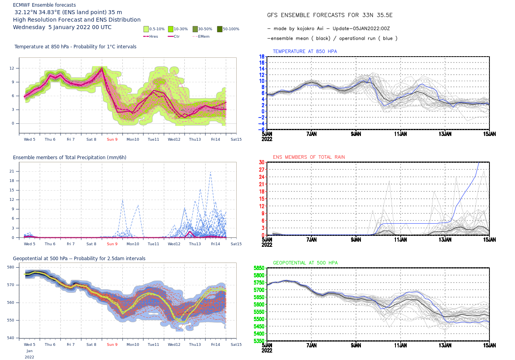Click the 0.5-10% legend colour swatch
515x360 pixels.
coord(146,29)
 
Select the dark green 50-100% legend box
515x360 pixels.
coord(220,29)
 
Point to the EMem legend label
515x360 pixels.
coord(204,36)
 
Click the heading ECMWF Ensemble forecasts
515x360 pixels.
coord(44,5)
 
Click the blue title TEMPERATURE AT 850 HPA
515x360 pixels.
coord(305,51)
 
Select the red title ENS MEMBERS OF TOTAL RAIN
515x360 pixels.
coord(309,157)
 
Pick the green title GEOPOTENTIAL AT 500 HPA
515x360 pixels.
coord(305,263)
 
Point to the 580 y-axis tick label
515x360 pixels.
coord(11,267)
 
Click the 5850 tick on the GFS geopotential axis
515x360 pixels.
coord(259,268)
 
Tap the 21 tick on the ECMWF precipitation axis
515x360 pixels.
coord(12,171)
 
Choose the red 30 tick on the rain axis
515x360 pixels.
coord(261,162)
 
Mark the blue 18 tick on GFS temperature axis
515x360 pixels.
coord(261,57)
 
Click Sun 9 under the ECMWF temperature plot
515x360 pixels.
coord(112,140)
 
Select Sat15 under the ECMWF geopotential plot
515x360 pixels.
coord(236,345)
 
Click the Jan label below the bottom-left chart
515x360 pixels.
coord(29,351)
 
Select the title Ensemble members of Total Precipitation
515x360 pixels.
coord(70,158)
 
